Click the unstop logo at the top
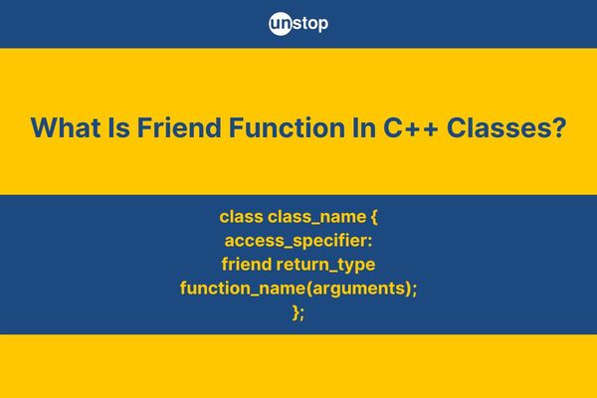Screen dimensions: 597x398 point(298,24)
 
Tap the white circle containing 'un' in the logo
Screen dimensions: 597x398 point(281,24)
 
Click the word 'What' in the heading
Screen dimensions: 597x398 point(66,127)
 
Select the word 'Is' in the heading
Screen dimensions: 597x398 point(118,127)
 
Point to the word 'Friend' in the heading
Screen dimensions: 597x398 point(179,127)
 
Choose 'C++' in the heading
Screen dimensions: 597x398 point(411,127)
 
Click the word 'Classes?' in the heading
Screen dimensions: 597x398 point(506,127)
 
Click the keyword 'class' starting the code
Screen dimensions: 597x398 point(242,217)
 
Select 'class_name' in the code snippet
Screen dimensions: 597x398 point(316,218)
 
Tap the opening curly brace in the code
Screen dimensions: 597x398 point(374,218)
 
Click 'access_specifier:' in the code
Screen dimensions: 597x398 point(298,241)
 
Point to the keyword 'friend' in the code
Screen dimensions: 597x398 point(247,264)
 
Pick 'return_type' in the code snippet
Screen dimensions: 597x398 point(326,265)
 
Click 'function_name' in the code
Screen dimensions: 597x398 point(243,289)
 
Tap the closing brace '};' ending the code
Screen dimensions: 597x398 point(298,312)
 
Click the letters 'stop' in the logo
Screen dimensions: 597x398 point(310,24)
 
